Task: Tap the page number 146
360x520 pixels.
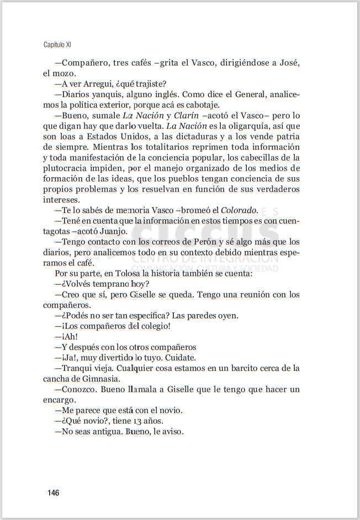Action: [x=53, y=492]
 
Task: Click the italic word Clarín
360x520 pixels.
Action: [x=186, y=115]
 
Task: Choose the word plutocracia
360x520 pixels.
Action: [x=67, y=168]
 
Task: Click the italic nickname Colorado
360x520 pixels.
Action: [x=239, y=210]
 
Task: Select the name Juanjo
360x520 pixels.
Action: [x=113, y=231]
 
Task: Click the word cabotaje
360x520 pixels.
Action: [x=201, y=105]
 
